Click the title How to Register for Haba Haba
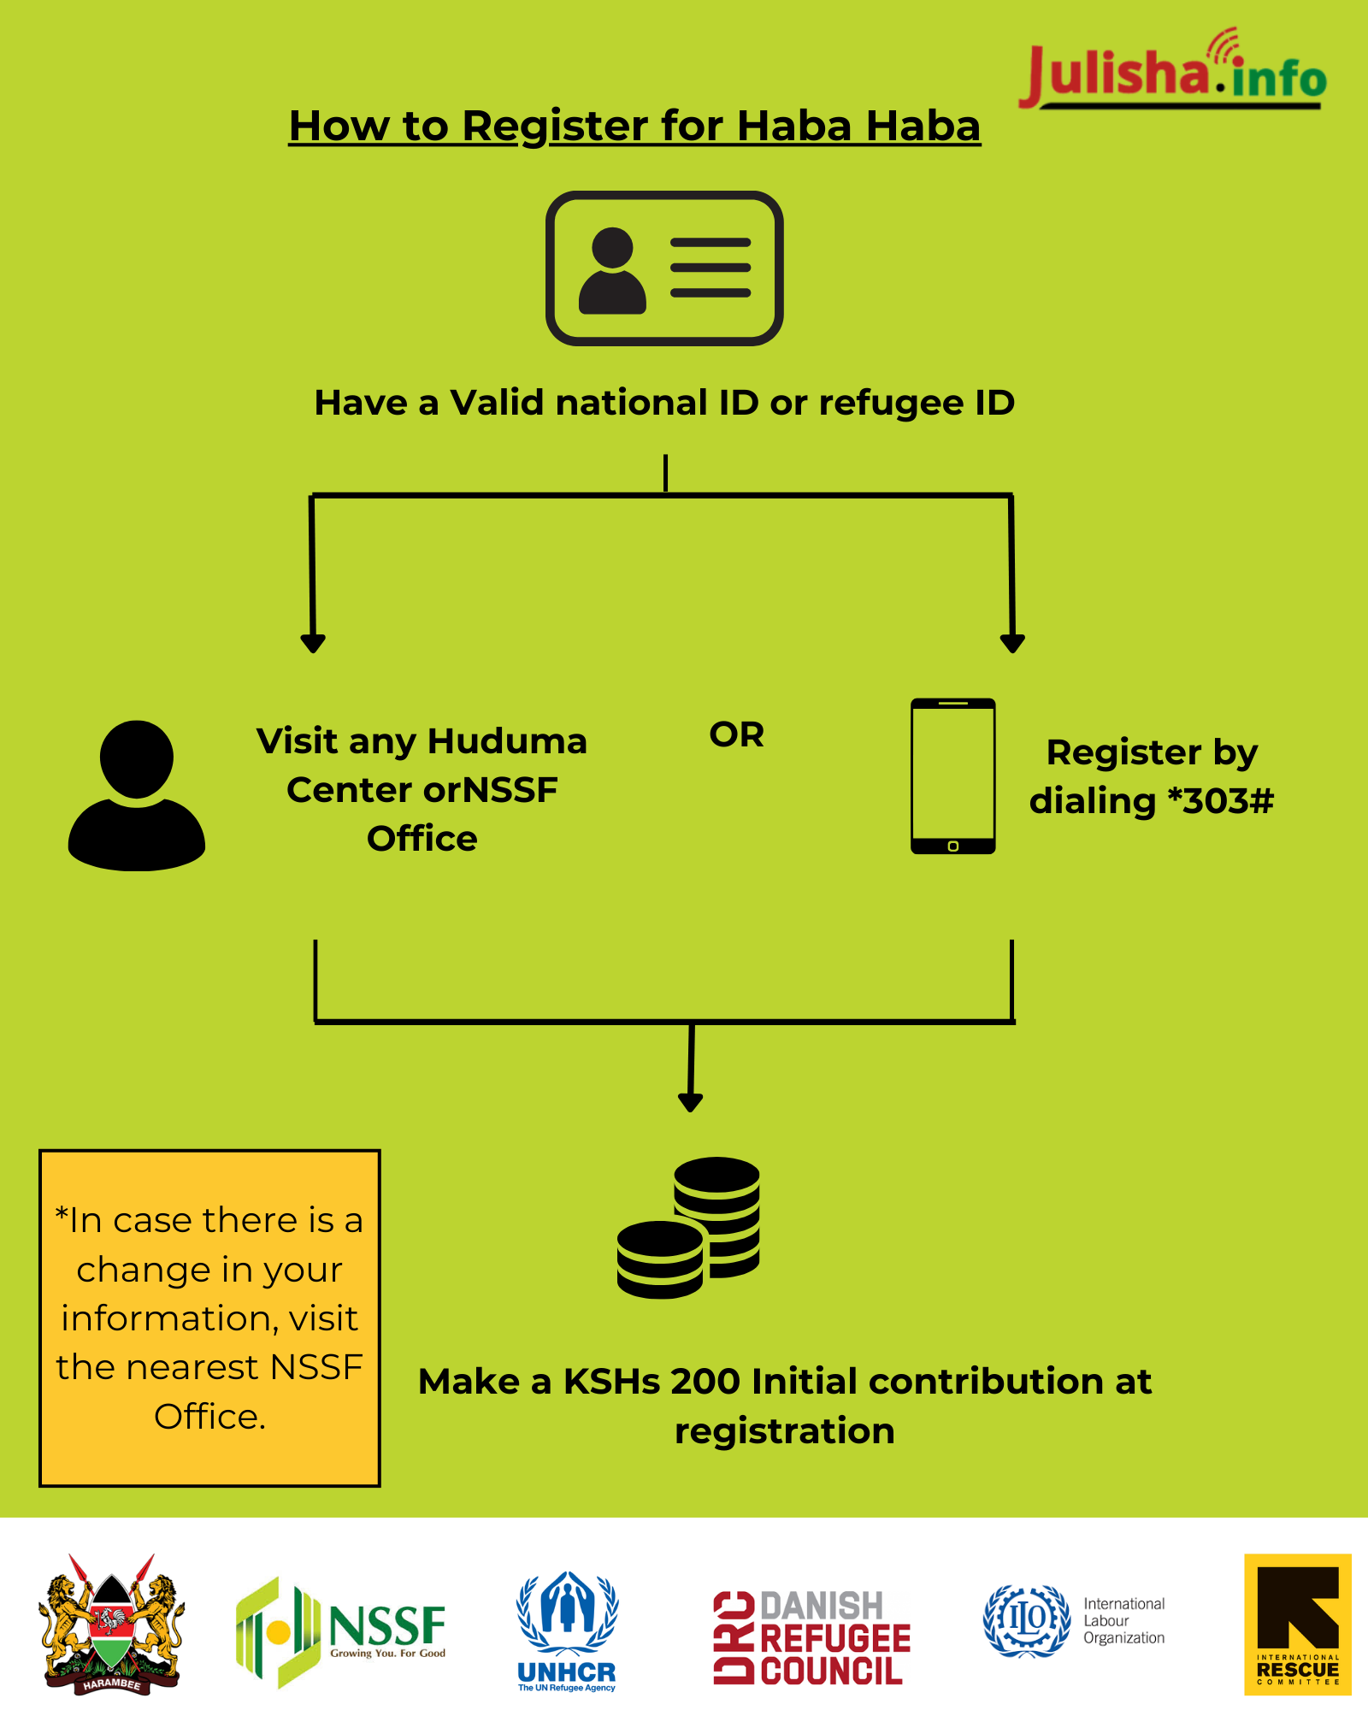tap(634, 127)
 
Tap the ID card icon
tap(664, 268)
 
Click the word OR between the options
tap(736, 734)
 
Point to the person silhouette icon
tap(137, 795)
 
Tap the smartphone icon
tap(952, 776)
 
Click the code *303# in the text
tap(1220, 801)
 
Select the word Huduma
tap(507, 741)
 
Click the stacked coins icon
tap(689, 1227)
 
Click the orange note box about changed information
tap(209, 1318)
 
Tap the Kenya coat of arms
tap(111, 1624)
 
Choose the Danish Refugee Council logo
tap(811, 1637)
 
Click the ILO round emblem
tap(1026, 1621)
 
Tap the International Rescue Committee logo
tap(1297, 1624)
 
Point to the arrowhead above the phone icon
tap(1012, 643)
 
